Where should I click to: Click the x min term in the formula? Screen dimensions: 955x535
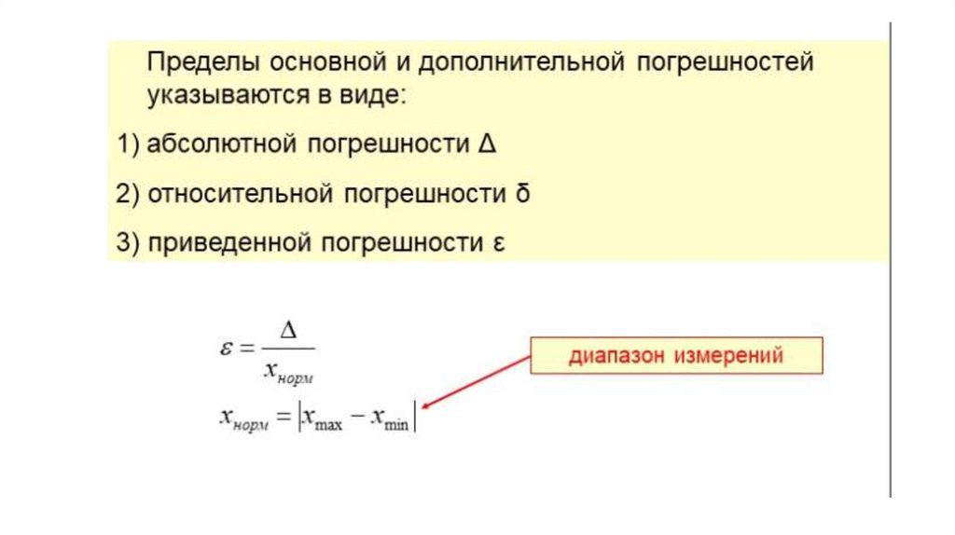(391, 421)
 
